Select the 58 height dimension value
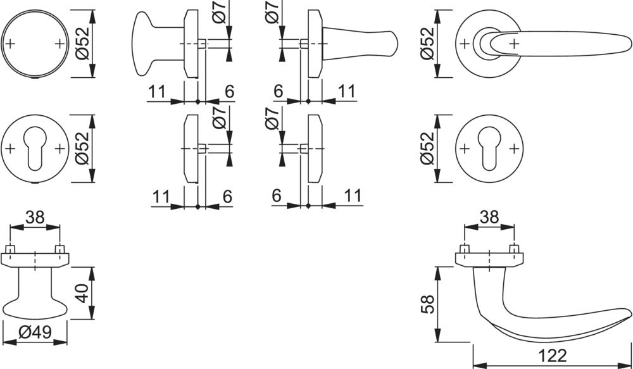(427, 304)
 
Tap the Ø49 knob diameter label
(34, 331)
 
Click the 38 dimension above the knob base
(35, 217)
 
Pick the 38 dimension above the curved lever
(489, 217)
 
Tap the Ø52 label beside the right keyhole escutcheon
(427, 149)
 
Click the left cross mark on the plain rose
(11, 44)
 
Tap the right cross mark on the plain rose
(60, 44)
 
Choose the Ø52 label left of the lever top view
(427, 43)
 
